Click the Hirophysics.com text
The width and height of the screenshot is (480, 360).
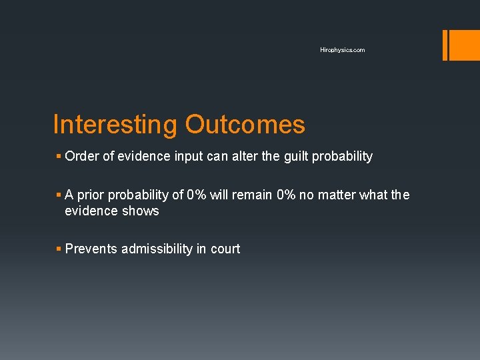[x=342, y=50]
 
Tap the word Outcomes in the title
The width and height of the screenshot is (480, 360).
[x=245, y=125]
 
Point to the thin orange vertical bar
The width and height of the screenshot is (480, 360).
[x=445, y=45]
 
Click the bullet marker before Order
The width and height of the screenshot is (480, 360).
[x=59, y=157]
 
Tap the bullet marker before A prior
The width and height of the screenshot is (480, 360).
[x=59, y=195]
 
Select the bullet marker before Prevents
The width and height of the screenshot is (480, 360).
[x=59, y=249]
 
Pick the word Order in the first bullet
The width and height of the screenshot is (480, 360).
[x=81, y=157]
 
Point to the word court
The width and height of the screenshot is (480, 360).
[x=225, y=249]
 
